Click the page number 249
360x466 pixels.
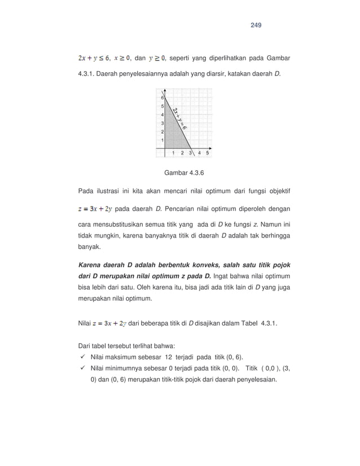coord(256,25)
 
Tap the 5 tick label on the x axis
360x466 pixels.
coord(208,152)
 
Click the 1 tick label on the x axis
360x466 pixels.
coord(173,152)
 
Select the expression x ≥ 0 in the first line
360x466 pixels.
coord(122,58)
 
